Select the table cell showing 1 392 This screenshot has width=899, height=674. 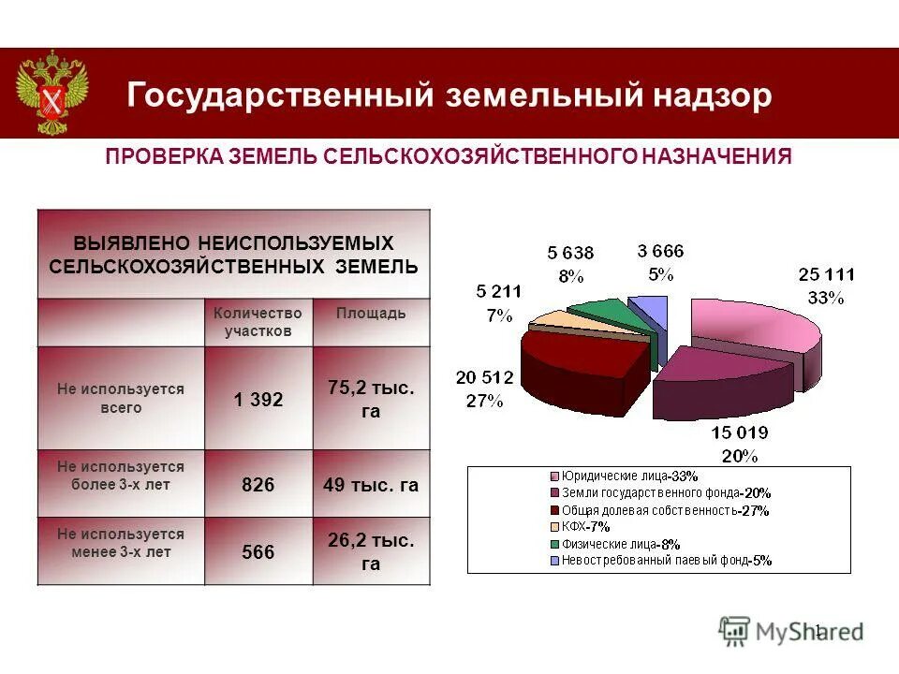click(x=258, y=400)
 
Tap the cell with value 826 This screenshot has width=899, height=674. click(x=258, y=484)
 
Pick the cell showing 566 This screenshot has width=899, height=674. click(x=258, y=552)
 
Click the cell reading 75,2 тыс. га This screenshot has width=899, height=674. click(x=371, y=400)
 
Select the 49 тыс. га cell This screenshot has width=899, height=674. click(x=371, y=485)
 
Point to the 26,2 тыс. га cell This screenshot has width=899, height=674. click(x=371, y=552)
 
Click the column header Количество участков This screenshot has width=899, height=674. click(x=258, y=322)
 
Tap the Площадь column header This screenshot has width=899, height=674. click(x=371, y=314)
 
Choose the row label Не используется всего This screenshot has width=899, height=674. click(x=121, y=398)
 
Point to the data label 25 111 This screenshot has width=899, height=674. click(x=826, y=274)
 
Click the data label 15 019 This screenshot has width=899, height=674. click(x=739, y=432)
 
